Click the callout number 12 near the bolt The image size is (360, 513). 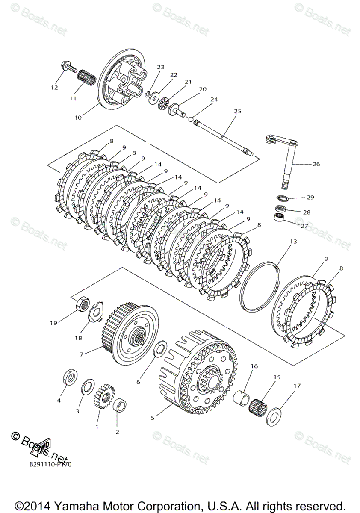(54, 88)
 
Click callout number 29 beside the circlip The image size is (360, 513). (310, 198)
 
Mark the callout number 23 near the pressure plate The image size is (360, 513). (160, 67)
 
